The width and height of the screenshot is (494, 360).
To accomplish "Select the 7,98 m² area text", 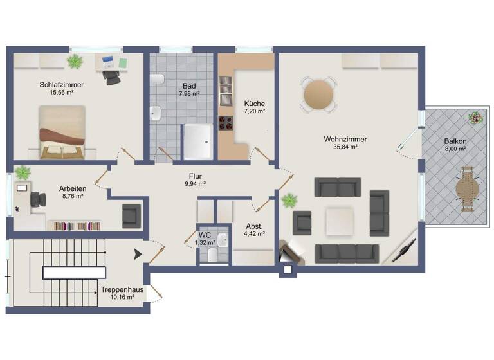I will click(188, 94).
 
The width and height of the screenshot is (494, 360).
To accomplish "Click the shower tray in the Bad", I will click(197, 141).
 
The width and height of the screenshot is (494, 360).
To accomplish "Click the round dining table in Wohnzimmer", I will click(320, 94).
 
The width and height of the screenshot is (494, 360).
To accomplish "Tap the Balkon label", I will click(455, 141).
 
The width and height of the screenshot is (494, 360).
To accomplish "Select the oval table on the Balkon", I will click(467, 188).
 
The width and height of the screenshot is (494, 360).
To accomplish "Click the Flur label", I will click(196, 175).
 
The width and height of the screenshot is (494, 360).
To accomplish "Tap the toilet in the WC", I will click(221, 242).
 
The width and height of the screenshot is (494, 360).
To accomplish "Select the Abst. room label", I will click(254, 226).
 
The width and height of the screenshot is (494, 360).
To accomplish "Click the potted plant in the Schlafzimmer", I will click(76, 62).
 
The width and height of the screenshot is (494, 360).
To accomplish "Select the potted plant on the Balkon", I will click(475, 119).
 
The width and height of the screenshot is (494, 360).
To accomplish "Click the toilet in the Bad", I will click(157, 79).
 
